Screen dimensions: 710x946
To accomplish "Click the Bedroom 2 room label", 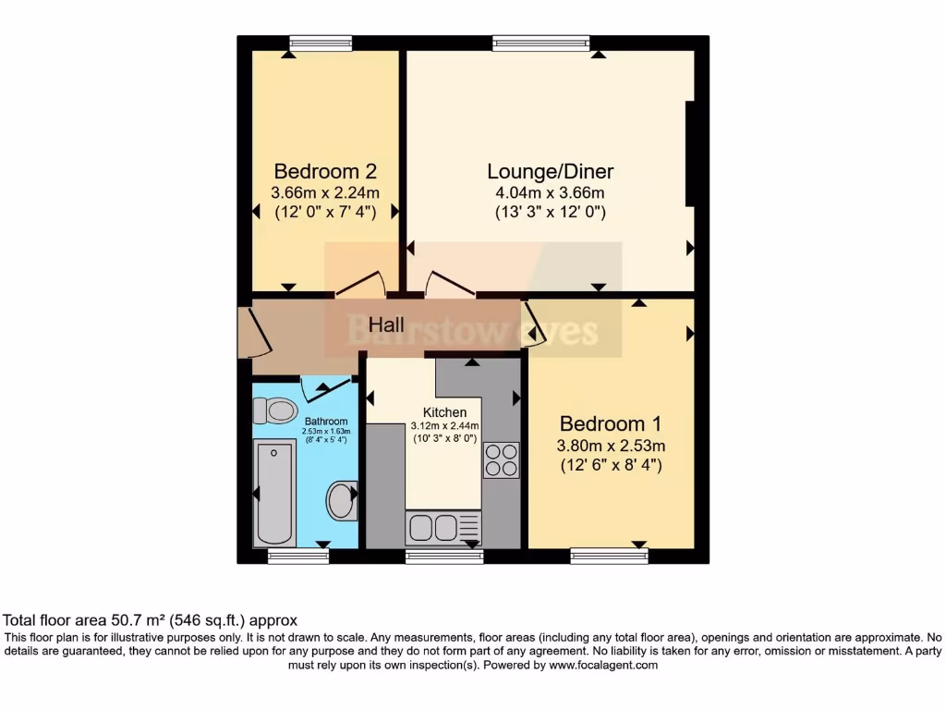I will [324, 172].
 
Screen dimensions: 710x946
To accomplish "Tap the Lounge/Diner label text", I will [551, 172].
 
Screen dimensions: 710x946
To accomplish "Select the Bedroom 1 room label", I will [611, 424].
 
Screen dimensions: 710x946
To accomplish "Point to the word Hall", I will [387, 325].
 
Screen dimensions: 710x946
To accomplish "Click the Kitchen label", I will [444, 412].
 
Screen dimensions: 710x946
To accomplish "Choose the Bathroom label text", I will [326, 422].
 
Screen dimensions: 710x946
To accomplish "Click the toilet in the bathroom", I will [275, 410].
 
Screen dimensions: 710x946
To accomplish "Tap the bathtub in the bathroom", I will [274, 494].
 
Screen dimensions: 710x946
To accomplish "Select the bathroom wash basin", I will [341, 500].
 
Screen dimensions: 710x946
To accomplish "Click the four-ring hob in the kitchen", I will [501, 460].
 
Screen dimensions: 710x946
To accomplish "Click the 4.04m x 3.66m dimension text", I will [550, 193].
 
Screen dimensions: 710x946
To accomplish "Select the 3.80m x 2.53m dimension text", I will [611, 446].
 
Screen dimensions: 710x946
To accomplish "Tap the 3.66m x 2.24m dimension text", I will [324, 193].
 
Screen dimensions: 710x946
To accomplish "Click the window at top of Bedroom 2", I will [321, 43].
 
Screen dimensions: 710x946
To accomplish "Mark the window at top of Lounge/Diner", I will [540, 43].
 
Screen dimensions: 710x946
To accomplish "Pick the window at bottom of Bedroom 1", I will [609, 556].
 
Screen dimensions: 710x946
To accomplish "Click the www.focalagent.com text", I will [602, 666].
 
